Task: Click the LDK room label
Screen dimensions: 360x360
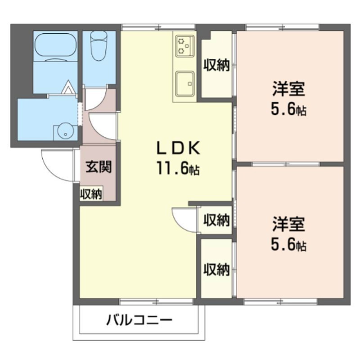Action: coord(177,148)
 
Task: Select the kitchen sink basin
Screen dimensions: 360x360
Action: coord(184,84)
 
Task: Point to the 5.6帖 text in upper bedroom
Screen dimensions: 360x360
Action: coord(288,109)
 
